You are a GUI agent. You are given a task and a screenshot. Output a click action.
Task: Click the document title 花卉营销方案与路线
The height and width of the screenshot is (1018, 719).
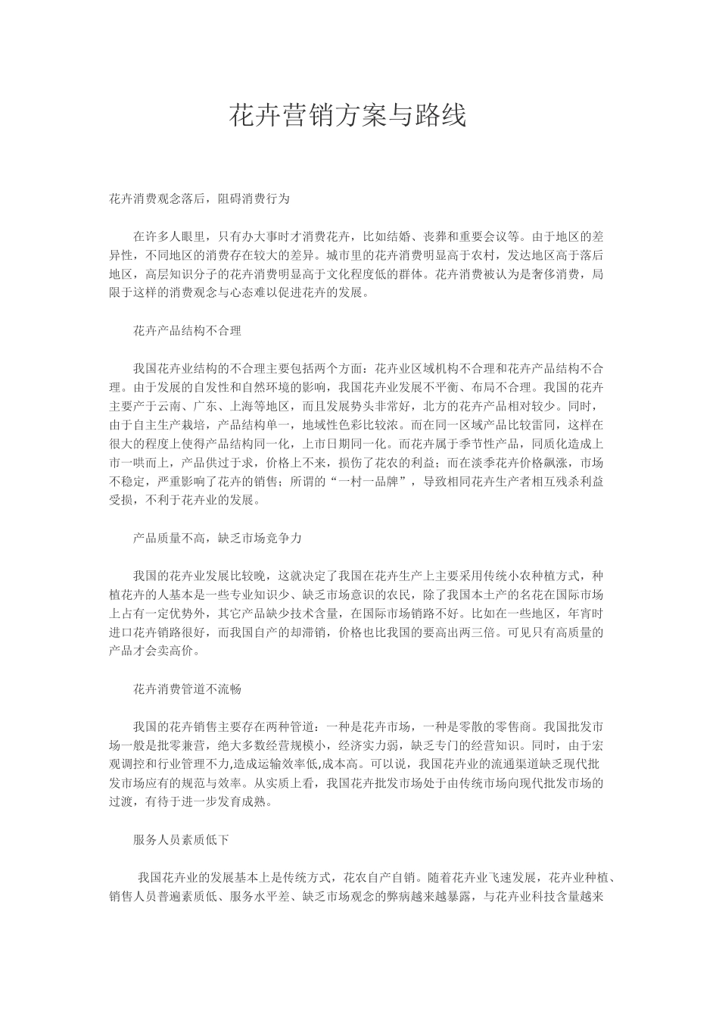(x=348, y=115)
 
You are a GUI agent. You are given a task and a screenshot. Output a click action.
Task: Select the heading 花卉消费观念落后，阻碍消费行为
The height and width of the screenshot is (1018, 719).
(x=199, y=199)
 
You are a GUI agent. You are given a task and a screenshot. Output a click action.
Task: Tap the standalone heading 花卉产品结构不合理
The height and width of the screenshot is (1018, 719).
(x=187, y=331)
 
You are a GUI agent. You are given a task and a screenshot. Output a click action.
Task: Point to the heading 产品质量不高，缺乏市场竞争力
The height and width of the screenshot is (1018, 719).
(x=217, y=538)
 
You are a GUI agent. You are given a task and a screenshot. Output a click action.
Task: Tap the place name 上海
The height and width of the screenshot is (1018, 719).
(x=254, y=406)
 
